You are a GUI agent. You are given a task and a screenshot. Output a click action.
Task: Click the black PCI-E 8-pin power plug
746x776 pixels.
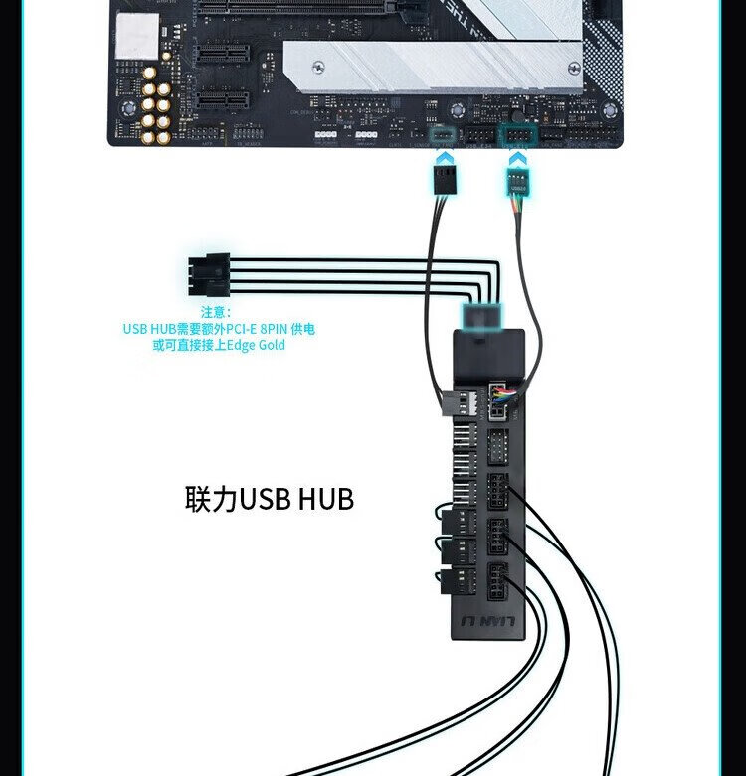click(207, 274)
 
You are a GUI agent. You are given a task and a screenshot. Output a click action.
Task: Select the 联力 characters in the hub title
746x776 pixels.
click(212, 498)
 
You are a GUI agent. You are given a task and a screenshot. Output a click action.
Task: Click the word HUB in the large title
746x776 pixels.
click(325, 498)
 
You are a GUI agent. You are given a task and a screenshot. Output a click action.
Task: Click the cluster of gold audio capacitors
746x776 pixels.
click(156, 103)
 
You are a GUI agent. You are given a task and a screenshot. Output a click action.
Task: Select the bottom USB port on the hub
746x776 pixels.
click(497, 578)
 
